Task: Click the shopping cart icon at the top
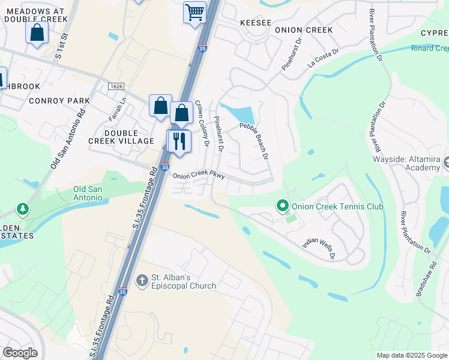coord(194,13)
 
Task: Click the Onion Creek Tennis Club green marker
coord(282,206)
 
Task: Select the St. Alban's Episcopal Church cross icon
coord(142,280)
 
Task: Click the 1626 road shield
coord(116,86)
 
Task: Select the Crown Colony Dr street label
coord(202,124)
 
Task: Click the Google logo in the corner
coord(20,352)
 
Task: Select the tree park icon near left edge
coord(23,209)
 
